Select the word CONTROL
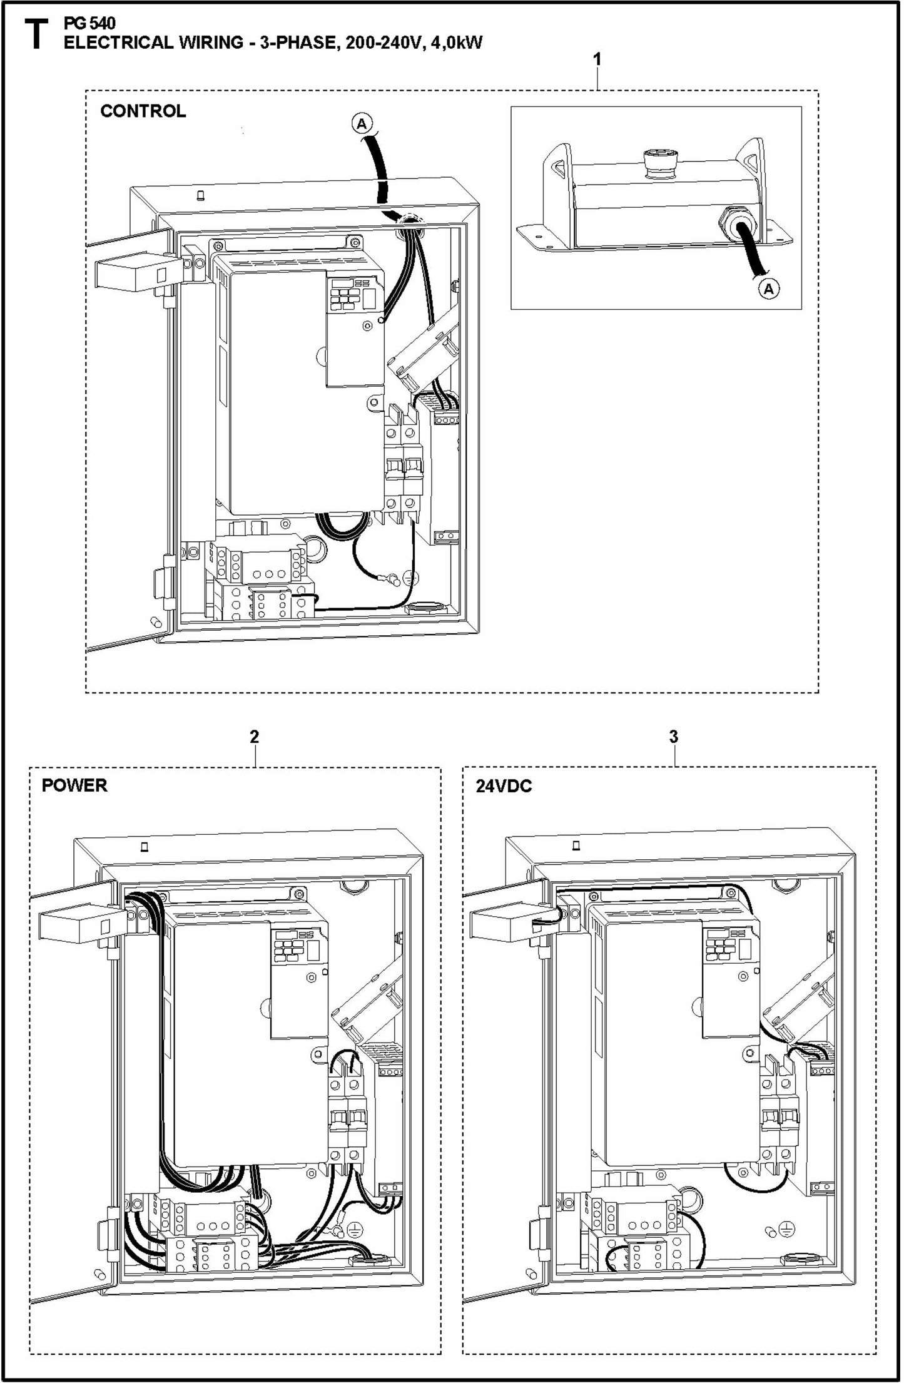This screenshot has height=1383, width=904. (x=143, y=111)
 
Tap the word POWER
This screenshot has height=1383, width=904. (x=74, y=785)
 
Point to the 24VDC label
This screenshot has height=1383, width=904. (x=504, y=786)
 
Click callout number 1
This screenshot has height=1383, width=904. (x=597, y=59)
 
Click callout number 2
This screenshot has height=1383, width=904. (x=254, y=737)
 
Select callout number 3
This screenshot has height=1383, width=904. (x=673, y=737)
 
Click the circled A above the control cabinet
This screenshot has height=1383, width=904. (x=361, y=124)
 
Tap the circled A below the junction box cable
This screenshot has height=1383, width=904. (x=769, y=288)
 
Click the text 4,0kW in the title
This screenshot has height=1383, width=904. (x=456, y=43)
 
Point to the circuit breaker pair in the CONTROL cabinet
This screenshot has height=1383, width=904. (x=402, y=466)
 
